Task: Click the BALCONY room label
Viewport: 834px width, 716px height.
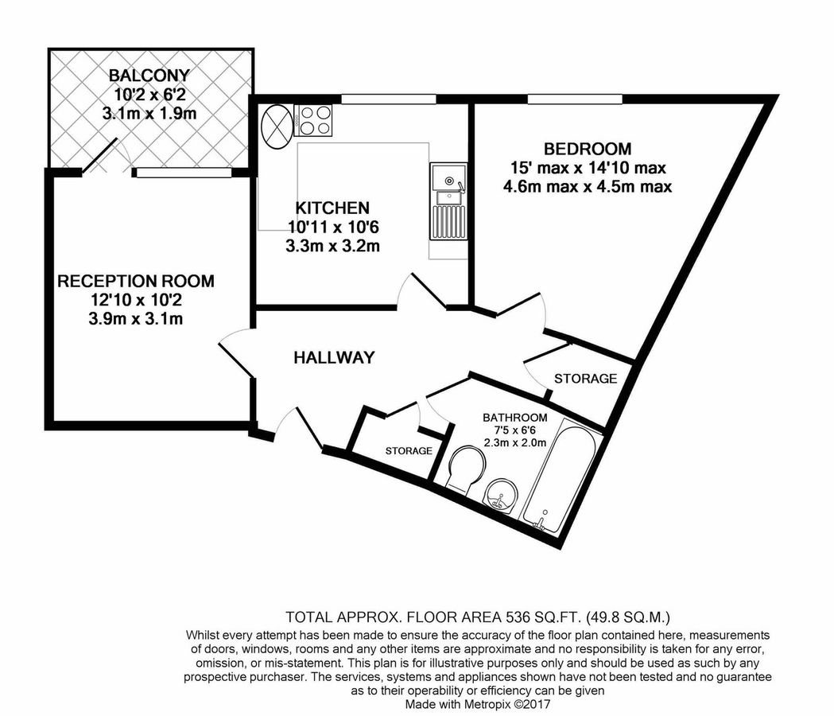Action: [149, 76]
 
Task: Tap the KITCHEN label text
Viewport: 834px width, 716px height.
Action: [332, 208]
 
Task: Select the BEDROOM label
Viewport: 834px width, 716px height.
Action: [588, 149]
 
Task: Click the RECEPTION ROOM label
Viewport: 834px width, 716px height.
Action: [136, 281]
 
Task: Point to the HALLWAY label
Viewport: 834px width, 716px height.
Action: [334, 358]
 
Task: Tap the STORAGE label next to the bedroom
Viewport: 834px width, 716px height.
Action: [585, 379]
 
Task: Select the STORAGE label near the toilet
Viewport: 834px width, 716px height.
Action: [409, 451]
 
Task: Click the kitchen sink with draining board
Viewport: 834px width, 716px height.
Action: [447, 202]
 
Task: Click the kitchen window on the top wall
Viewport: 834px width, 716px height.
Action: [389, 99]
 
